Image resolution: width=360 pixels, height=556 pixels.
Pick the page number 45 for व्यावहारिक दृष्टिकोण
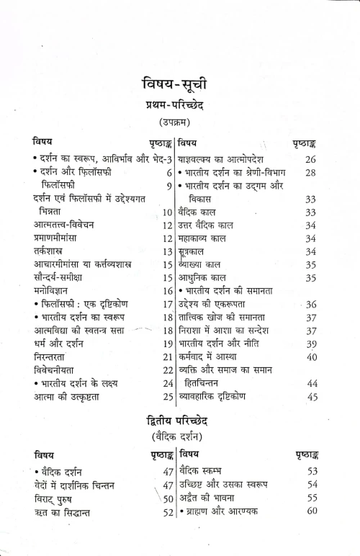coord(312,396)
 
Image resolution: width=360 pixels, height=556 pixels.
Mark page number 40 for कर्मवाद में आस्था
coord(312,357)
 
